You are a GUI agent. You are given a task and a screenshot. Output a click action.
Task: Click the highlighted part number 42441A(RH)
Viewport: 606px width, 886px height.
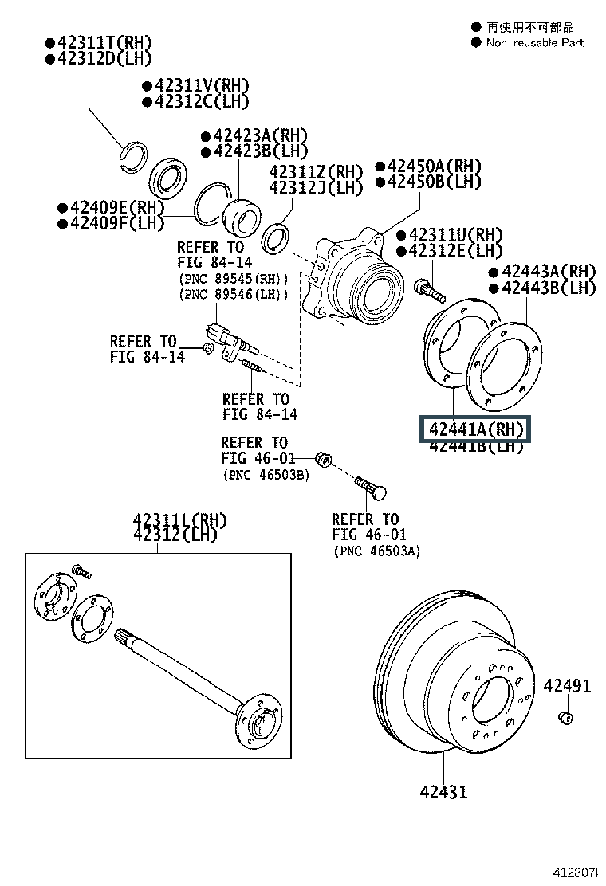point(478,430)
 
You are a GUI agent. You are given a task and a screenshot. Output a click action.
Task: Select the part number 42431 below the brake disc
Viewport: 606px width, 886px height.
point(444,792)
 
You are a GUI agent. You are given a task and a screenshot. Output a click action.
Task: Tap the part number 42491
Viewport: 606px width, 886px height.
point(568,685)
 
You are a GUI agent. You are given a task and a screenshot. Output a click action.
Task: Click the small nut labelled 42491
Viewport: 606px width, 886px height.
point(565,719)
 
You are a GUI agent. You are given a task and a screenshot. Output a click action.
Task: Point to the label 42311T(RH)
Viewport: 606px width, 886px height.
point(98,42)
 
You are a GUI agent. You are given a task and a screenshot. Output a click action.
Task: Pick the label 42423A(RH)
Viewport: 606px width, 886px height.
point(254,136)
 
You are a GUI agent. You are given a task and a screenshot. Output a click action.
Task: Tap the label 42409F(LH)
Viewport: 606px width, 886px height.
point(111,222)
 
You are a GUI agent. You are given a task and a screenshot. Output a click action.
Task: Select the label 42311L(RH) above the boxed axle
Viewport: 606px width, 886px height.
point(179,520)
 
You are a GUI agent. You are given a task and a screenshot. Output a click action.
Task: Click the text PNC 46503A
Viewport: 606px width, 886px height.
point(376,551)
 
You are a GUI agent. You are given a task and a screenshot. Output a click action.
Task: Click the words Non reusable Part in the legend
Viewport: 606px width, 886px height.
point(534,42)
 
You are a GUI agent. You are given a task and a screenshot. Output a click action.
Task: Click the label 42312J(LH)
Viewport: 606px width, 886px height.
point(316,188)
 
